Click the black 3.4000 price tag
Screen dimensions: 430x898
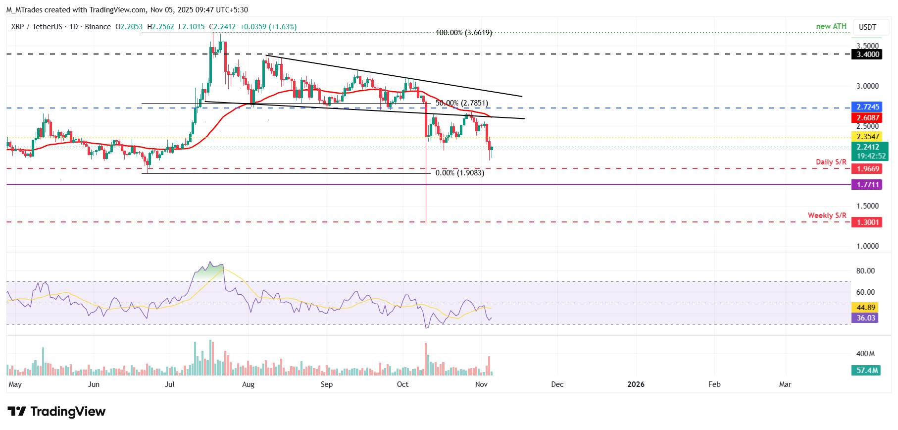click(x=868, y=54)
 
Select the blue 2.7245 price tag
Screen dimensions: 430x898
click(x=868, y=107)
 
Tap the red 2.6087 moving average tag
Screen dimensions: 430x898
click(x=868, y=118)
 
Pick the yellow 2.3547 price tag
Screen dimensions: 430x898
click(x=868, y=137)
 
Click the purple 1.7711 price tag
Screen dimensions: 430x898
click(x=868, y=185)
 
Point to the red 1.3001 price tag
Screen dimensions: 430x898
click(x=868, y=222)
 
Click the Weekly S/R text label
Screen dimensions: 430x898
click(x=827, y=215)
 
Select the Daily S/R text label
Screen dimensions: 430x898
click(x=831, y=162)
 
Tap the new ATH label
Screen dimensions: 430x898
click(x=831, y=26)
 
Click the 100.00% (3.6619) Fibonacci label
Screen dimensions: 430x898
click(x=463, y=33)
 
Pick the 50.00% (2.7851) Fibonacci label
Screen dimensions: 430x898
click(x=461, y=103)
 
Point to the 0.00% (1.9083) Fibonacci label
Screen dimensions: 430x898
click(x=459, y=173)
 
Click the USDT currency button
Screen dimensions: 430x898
click(x=867, y=27)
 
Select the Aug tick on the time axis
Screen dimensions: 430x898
click(x=248, y=384)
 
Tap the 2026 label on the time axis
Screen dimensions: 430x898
click(x=636, y=384)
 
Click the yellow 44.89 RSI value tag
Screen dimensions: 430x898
click(x=866, y=308)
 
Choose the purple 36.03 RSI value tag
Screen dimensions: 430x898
click(x=866, y=318)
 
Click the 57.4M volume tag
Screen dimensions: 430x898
click(x=867, y=371)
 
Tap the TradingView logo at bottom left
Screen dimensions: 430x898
click(x=56, y=412)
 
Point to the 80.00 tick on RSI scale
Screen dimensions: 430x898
click(x=865, y=271)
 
